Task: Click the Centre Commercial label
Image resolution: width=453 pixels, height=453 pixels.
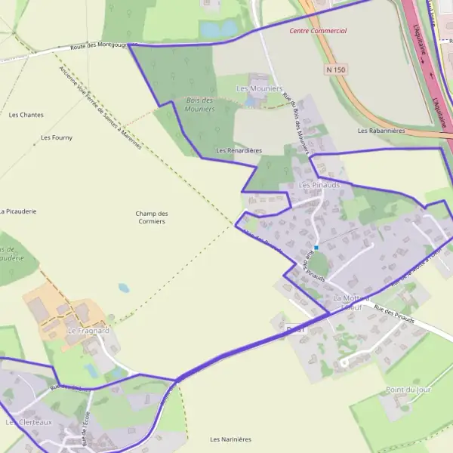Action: (318, 31)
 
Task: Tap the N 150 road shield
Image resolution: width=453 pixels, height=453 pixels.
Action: (336, 69)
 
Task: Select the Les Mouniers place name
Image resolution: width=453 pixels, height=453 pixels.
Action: (259, 88)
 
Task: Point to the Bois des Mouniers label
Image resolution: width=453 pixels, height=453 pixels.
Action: (199, 104)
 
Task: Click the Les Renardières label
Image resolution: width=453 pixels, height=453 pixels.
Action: (239, 150)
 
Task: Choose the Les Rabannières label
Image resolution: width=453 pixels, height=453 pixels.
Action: (381, 131)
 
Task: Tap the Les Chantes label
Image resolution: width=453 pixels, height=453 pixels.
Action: (26, 115)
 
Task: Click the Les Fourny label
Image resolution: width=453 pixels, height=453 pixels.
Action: (57, 137)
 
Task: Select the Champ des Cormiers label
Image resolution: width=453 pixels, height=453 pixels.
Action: (152, 217)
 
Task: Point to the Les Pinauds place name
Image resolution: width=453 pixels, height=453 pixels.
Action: (319, 184)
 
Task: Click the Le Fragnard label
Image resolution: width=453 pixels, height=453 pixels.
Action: (88, 331)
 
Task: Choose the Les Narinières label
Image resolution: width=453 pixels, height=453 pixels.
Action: (230, 439)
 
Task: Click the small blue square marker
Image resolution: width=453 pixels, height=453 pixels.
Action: (316, 248)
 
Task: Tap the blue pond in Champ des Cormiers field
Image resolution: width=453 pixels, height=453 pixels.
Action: (124, 288)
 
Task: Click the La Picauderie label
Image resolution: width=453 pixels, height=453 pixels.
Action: (19, 211)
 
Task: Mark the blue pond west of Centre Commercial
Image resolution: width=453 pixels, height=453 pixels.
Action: (218, 29)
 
